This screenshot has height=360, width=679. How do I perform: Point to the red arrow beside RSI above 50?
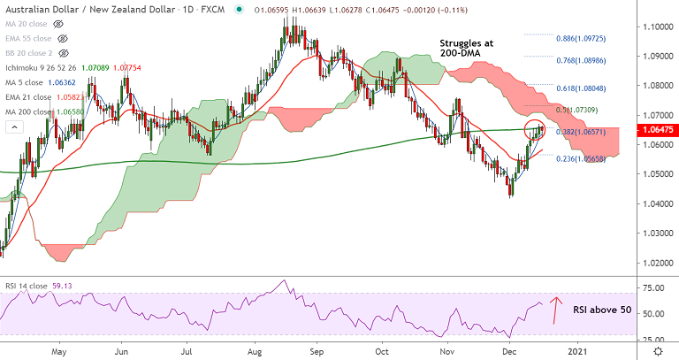(x=555, y=311)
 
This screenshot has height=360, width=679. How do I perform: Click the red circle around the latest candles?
(x=536, y=130)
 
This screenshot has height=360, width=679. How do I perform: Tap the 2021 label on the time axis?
(x=579, y=350)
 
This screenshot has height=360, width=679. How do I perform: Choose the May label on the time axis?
(x=58, y=350)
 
